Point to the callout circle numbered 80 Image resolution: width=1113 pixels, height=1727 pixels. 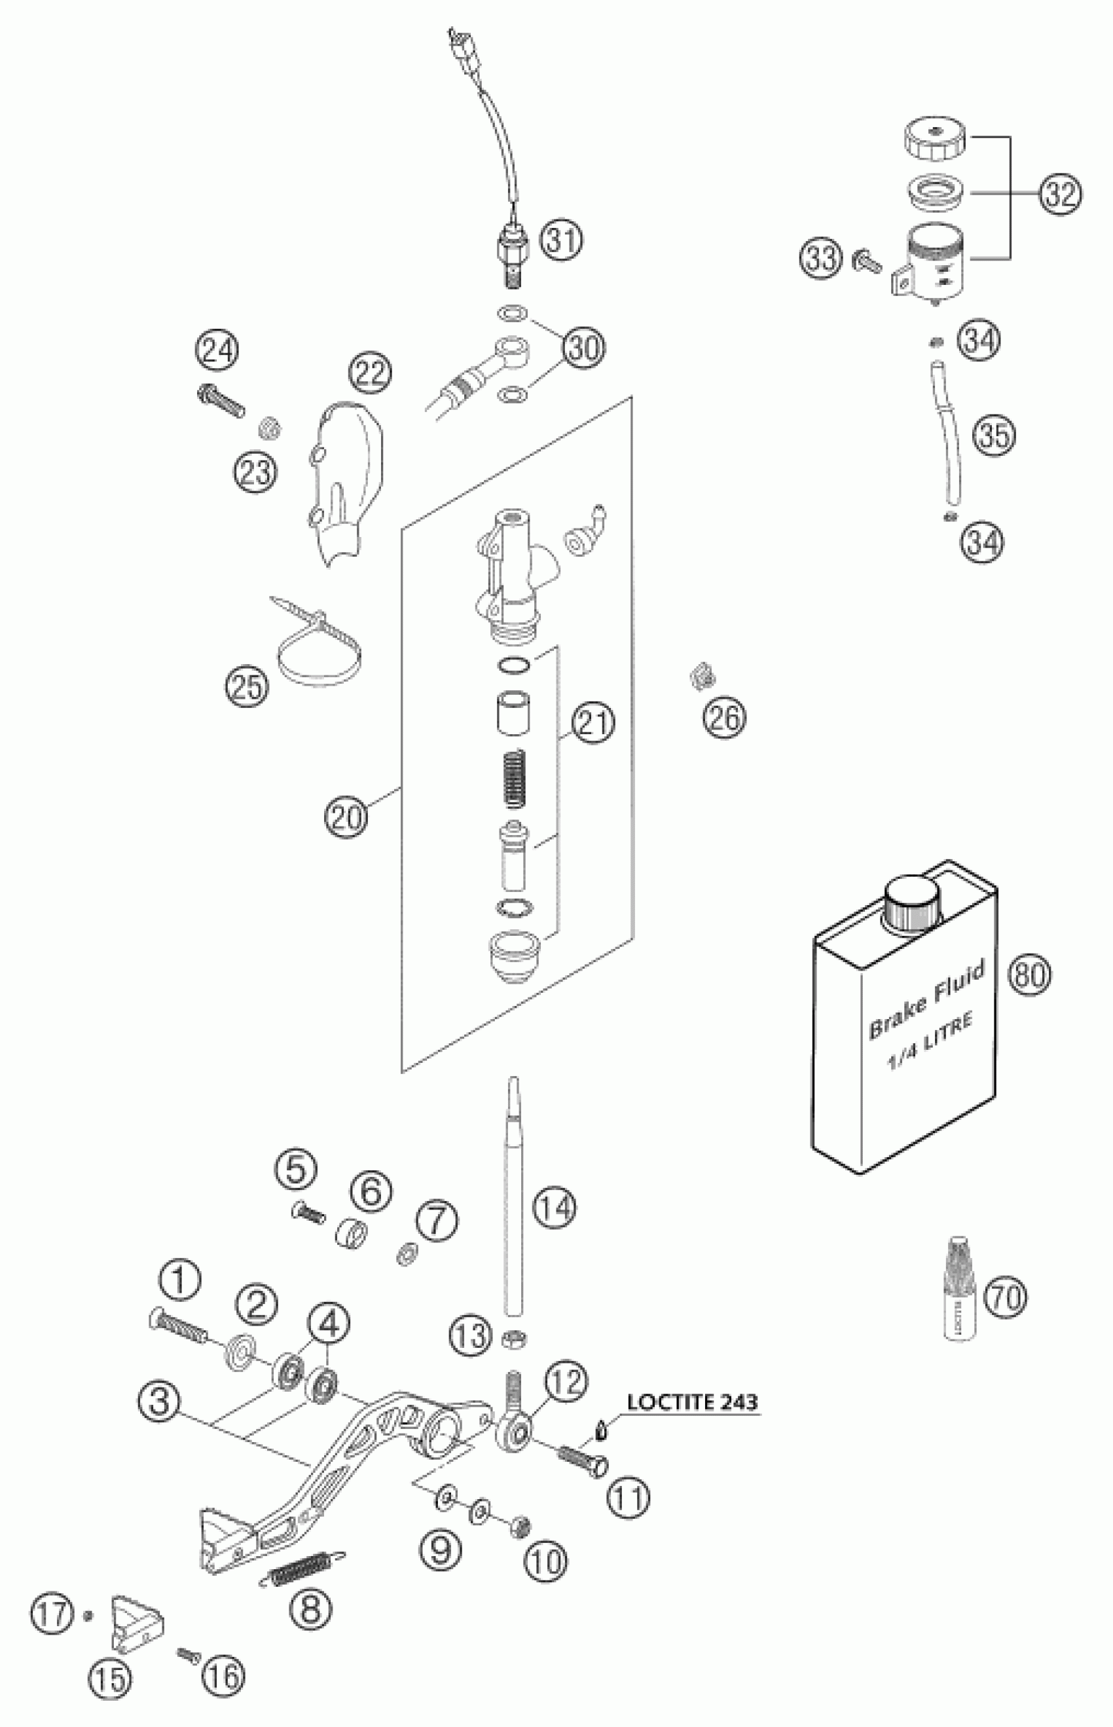click(x=1030, y=975)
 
